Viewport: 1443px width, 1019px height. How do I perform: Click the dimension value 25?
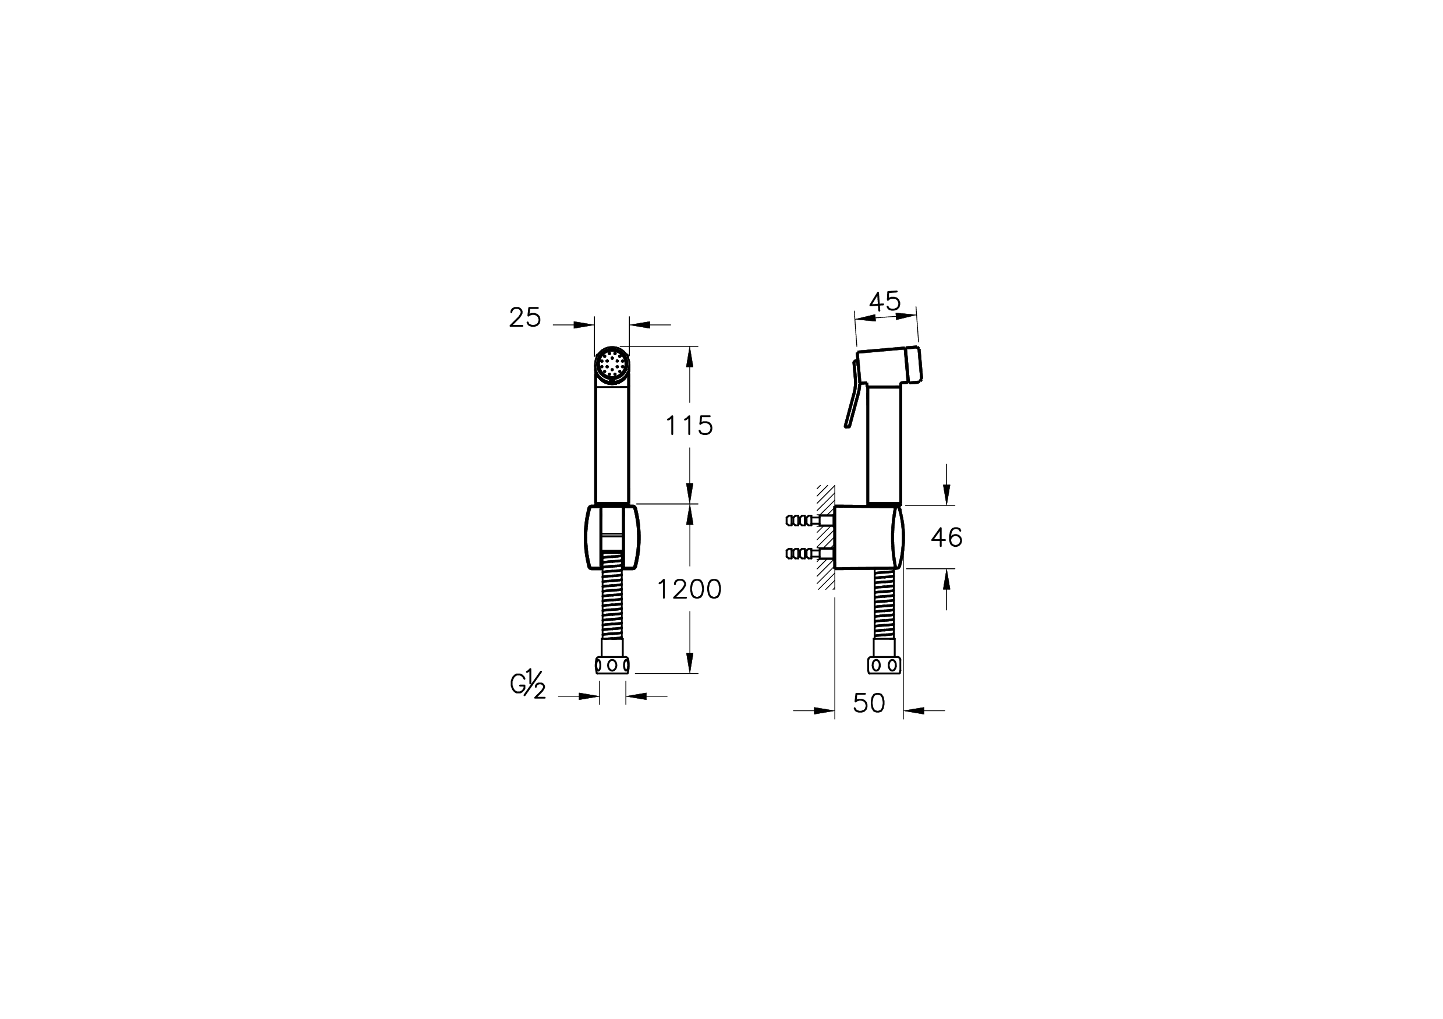pyautogui.click(x=525, y=317)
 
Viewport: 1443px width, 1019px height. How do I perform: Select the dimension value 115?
pyautogui.click(x=689, y=426)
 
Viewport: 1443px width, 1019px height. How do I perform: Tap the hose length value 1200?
pyautogui.click(x=689, y=590)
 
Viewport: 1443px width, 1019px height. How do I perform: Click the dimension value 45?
pyautogui.click(x=884, y=302)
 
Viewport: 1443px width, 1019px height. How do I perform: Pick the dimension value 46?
pyautogui.click(x=946, y=537)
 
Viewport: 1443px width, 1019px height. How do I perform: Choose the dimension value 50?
pyautogui.click(x=868, y=703)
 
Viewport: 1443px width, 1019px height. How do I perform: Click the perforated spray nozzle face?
pyautogui.click(x=612, y=364)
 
